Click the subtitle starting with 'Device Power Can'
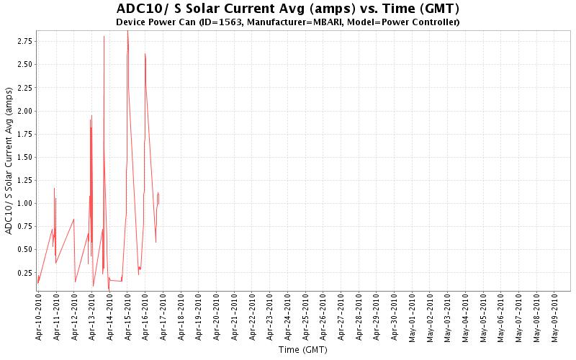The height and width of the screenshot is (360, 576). coord(287,22)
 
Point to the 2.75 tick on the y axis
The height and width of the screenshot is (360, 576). coord(24,42)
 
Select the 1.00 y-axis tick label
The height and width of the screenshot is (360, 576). coord(24,203)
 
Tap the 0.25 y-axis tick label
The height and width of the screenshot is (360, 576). coord(24,272)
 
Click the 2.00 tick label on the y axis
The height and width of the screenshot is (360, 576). coord(24,111)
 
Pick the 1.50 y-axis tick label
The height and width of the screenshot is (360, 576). coord(24,157)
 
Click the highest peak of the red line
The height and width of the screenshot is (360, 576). coord(127,31)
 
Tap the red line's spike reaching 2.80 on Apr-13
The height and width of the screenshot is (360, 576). coord(104,36)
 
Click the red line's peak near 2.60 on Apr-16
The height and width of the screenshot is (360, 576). coord(145,53)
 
